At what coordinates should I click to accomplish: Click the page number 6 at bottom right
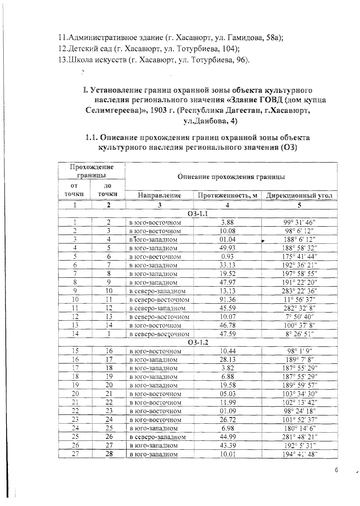pos(336,470)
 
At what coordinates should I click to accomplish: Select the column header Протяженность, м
pos(227,195)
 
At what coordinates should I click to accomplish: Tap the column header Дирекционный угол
pos(299,195)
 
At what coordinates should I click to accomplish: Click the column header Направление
pos(159,195)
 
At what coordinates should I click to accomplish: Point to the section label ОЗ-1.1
pos(198,214)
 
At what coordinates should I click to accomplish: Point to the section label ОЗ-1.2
pos(198,342)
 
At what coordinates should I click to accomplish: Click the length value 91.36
pos(227,300)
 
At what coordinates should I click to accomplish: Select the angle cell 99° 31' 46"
pos(299,223)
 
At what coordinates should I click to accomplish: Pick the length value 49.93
pos(227,248)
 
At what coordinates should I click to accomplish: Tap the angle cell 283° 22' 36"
pos(299,291)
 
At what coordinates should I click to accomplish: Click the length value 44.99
pos(227,437)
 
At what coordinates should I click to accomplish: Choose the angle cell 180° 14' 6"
pos(299,428)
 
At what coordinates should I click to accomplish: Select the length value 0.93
pos(227,257)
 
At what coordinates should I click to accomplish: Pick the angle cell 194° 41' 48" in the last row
pos(299,454)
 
